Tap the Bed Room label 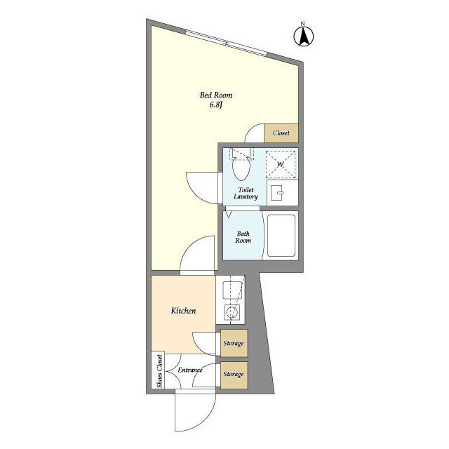tap(216, 95)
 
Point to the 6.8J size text tap(216, 105)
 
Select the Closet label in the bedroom tap(281, 133)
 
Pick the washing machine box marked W tap(281, 164)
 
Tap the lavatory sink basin tap(276, 193)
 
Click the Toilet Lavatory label tap(246, 194)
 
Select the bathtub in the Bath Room tap(281, 236)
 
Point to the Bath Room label tap(243, 237)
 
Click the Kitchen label tap(183, 311)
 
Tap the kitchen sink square tap(232, 290)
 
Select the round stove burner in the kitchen tap(232, 311)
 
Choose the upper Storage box tap(234, 343)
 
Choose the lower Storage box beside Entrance tap(234, 375)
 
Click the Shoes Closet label tap(159, 371)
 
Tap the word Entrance tap(190, 370)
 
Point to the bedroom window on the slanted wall tap(226, 43)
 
